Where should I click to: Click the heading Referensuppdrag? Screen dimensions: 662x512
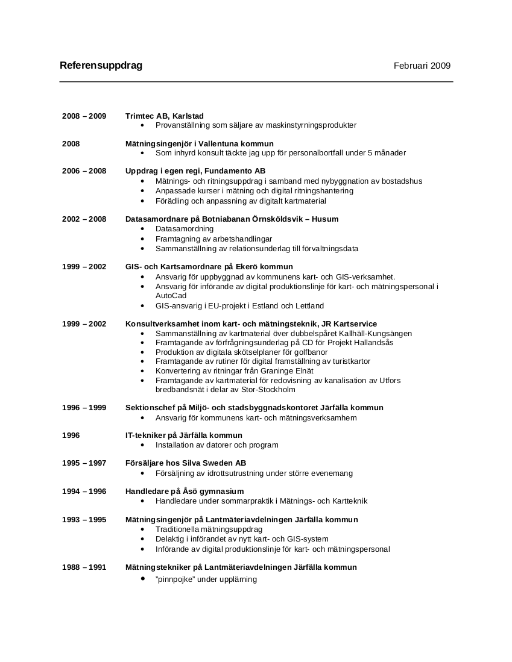(101, 66)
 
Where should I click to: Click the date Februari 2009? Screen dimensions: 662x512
(422, 66)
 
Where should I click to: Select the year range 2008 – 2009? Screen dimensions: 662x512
(84, 116)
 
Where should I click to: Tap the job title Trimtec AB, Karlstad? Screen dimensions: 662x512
(164, 116)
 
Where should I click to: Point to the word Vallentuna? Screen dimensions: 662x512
(219, 143)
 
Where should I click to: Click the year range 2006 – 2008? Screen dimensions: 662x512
(84, 171)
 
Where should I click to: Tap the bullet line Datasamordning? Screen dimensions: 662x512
(184, 229)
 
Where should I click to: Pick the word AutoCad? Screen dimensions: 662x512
(171, 296)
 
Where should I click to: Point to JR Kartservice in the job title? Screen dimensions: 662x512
(352, 324)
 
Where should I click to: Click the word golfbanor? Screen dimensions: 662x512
(309, 352)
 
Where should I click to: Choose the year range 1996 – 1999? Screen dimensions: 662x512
(84, 408)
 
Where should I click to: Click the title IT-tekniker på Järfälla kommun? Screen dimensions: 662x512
(183, 436)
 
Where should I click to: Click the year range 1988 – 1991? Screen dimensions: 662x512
(84, 567)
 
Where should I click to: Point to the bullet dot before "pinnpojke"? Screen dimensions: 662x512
(142, 578)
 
